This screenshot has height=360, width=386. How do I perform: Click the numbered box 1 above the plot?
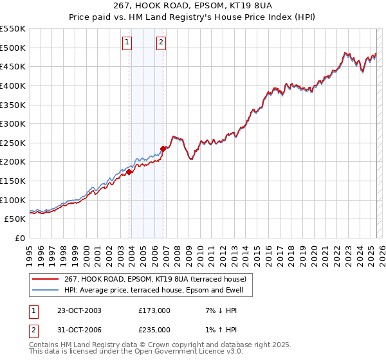[x=127, y=43]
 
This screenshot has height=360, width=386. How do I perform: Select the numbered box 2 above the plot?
[x=161, y=43]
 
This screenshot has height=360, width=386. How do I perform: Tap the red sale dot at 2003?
[x=129, y=172]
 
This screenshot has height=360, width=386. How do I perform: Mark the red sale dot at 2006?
[x=163, y=148]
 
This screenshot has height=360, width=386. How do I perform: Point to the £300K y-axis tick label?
[x=14, y=123]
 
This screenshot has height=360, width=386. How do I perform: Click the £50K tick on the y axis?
[x=16, y=219]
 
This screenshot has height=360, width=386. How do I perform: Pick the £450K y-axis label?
[x=14, y=66]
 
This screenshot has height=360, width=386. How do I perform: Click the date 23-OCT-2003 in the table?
[x=79, y=310]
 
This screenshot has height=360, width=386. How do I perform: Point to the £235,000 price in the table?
[x=154, y=330]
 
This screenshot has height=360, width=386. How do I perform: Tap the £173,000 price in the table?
[x=154, y=310]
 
